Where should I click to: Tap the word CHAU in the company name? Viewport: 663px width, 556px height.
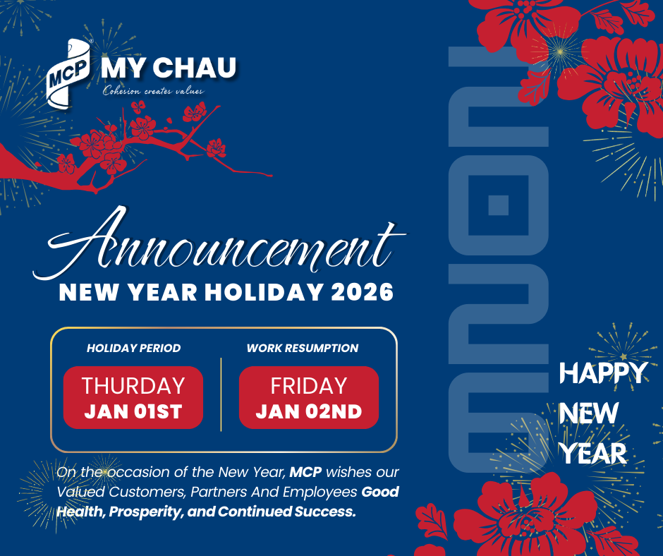[x=195, y=68]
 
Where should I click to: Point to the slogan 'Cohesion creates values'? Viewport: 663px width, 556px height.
[x=153, y=90]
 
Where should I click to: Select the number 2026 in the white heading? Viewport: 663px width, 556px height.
[x=363, y=292]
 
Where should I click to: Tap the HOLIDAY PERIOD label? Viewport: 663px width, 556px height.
[x=133, y=349]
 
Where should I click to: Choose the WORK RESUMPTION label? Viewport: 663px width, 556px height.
[x=303, y=349]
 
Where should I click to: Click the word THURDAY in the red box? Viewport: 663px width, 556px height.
[x=133, y=386]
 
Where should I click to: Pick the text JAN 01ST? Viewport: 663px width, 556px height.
[x=133, y=411]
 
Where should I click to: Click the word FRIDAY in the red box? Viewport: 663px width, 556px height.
[x=309, y=386]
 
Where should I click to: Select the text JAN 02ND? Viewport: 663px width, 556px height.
[x=309, y=411]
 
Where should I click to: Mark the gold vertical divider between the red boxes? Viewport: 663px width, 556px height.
[x=221, y=394]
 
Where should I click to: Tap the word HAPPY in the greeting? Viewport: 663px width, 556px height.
[x=603, y=373]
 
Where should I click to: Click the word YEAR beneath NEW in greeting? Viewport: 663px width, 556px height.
[x=594, y=453]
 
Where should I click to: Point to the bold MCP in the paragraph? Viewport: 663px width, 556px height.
[x=305, y=472]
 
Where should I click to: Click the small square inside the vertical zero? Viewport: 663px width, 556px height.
[x=498, y=205]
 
